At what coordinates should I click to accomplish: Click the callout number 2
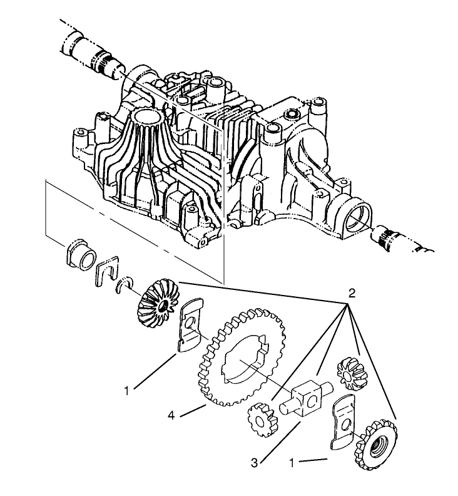(x=352, y=293)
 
